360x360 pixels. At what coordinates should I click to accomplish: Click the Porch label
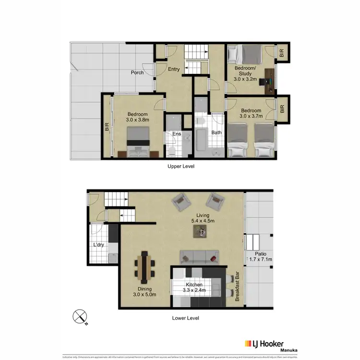coord(138,73)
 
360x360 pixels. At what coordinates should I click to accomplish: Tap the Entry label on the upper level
coord(174,70)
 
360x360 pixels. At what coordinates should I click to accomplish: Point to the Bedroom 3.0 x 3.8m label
coord(138,117)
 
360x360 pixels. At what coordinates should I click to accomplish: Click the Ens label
coord(177,134)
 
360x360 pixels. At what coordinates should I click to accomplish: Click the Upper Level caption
coord(180,166)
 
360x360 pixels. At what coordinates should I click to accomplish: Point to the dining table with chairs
coord(144,266)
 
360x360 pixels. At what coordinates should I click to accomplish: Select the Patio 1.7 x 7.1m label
coord(261,256)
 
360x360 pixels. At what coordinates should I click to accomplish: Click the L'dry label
coord(98,245)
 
